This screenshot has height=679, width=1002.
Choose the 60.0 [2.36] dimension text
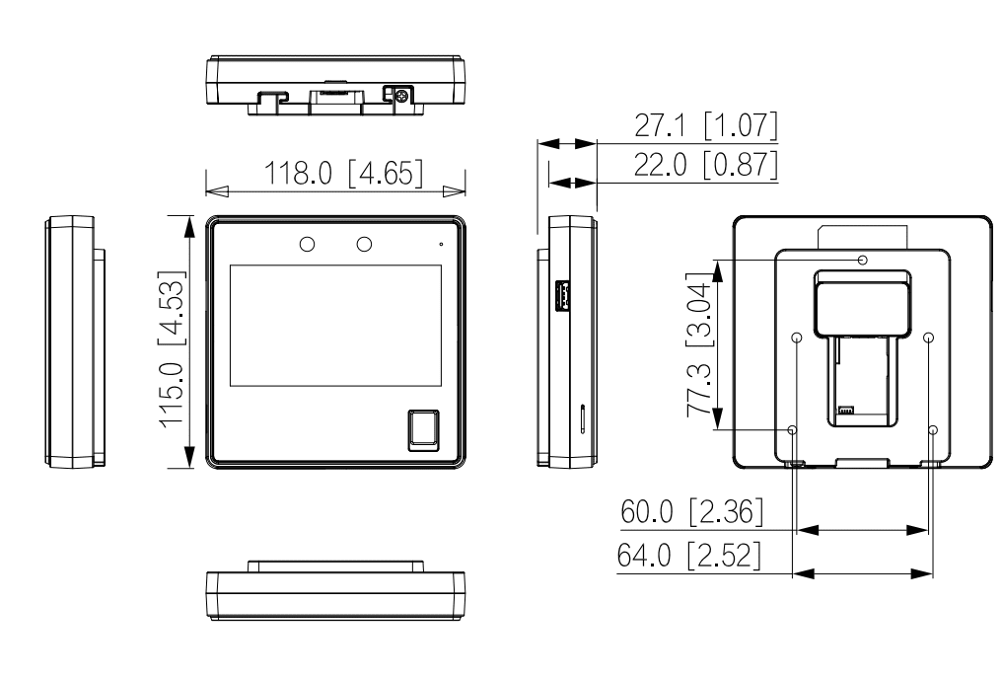[691, 513]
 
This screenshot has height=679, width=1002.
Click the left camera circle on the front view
[307, 243]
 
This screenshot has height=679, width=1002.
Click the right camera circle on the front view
[364, 243]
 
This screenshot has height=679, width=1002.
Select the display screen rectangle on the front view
[335, 326]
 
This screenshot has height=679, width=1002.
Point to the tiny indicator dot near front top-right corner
[441, 242]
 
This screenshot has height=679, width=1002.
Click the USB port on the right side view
[562, 294]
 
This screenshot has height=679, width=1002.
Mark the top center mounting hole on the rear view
[863, 260]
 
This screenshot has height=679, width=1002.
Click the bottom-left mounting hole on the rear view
[793, 430]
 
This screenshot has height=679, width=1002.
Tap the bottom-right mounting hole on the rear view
[934, 430]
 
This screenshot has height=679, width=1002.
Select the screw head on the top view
[401, 93]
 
